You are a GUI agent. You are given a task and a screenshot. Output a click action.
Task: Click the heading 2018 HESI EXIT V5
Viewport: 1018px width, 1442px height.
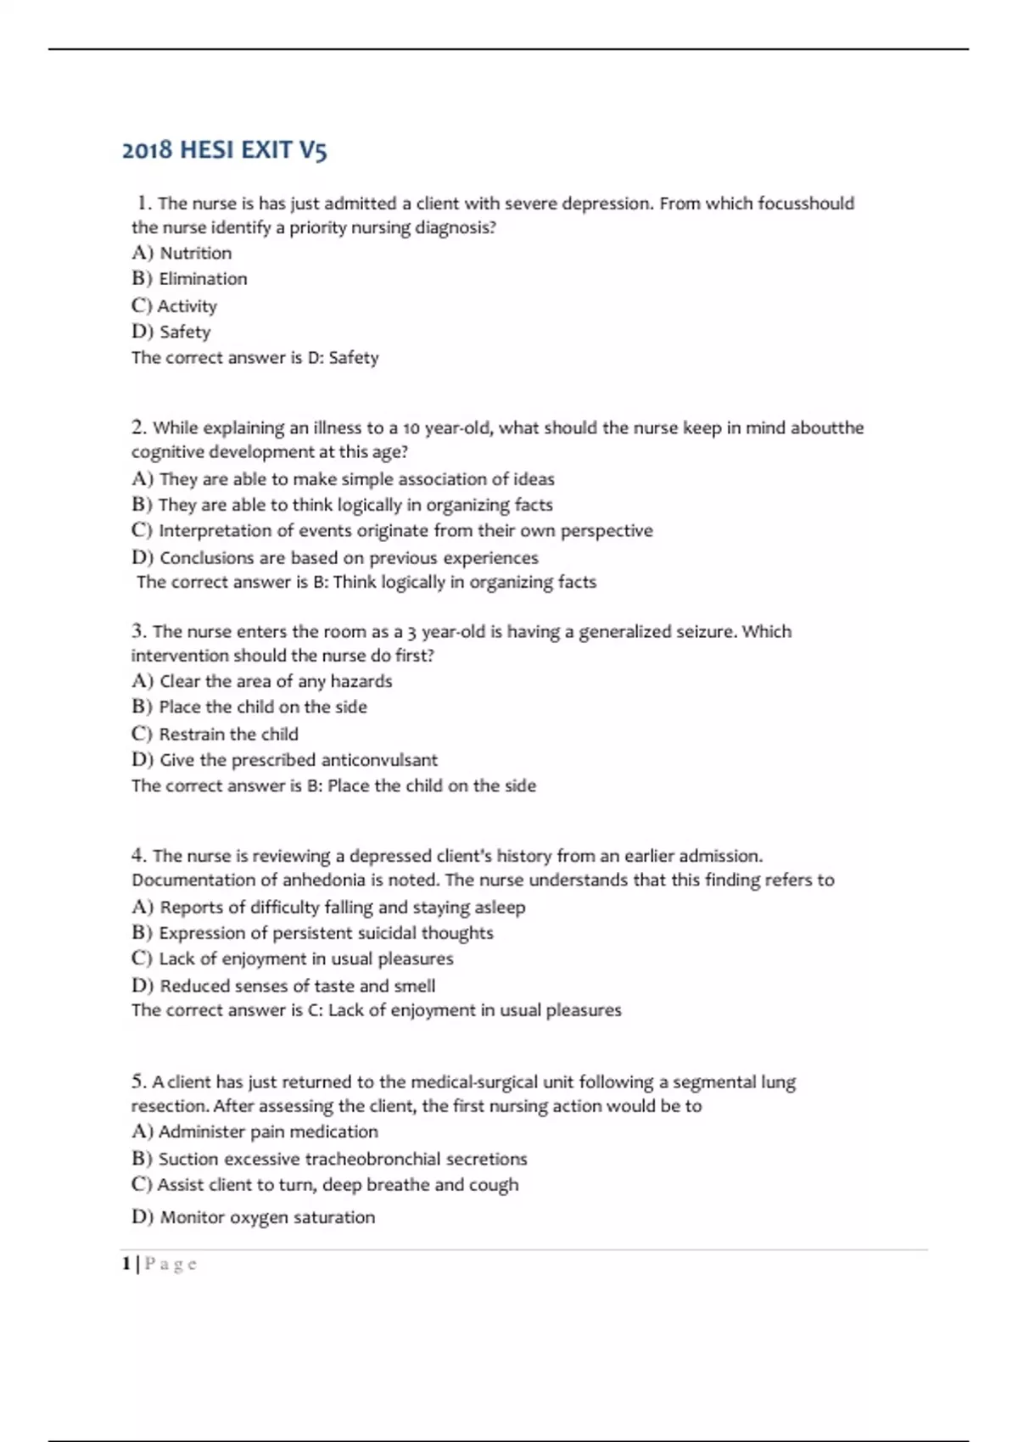(x=224, y=150)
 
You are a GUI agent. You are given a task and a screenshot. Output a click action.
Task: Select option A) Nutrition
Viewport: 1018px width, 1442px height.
(x=182, y=253)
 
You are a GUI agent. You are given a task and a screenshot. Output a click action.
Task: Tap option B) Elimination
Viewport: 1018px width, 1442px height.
(x=189, y=279)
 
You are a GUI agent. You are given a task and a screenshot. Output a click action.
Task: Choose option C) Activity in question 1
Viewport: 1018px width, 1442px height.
(x=175, y=305)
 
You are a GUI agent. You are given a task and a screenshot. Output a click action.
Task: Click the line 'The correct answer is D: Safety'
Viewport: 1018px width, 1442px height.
(x=255, y=358)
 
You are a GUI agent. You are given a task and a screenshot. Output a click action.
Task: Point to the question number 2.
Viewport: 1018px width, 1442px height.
(x=139, y=428)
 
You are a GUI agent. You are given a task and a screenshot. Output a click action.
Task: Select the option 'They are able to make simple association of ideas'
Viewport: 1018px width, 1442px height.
(x=344, y=479)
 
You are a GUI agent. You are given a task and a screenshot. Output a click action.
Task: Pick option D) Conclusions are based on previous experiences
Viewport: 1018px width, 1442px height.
(x=335, y=558)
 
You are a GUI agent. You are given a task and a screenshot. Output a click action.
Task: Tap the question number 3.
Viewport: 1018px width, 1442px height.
(x=139, y=631)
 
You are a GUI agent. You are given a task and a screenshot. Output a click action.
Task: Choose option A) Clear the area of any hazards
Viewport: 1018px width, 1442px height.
(x=262, y=681)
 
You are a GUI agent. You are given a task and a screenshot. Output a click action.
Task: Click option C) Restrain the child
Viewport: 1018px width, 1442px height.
(x=215, y=734)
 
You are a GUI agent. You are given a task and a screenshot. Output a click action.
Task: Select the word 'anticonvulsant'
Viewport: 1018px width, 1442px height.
(x=379, y=760)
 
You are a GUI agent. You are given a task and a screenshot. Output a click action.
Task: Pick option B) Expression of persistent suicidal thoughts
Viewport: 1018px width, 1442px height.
(x=312, y=933)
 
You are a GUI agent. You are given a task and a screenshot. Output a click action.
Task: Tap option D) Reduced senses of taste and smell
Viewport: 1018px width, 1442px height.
(x=283, y=986)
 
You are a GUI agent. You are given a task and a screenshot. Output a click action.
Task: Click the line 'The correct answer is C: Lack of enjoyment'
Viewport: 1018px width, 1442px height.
(x=376, y=1010)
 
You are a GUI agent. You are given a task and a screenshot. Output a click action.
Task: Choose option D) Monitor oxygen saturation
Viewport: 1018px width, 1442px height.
(x=253, y=1217)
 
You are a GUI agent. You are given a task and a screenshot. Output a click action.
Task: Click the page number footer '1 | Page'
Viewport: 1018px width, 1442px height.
(x=160, y=1264)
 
